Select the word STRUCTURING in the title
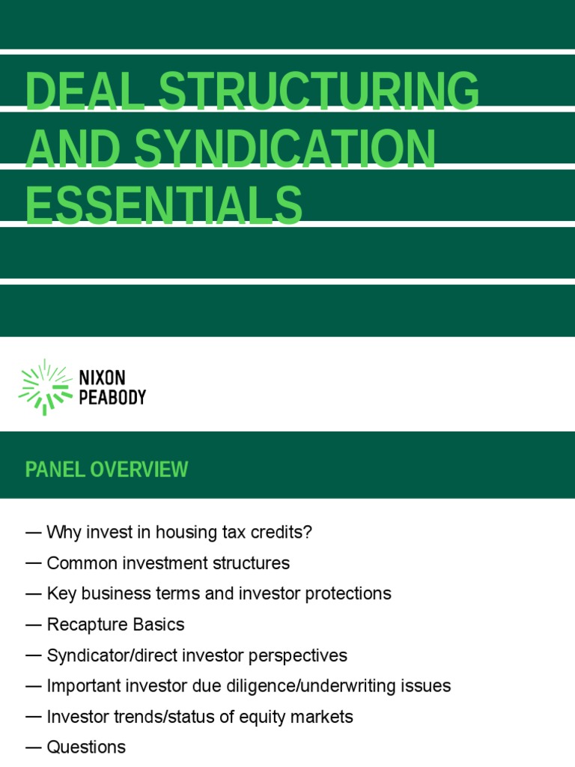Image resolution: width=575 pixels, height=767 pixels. (319, 91)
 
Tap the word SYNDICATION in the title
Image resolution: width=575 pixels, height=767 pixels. (285, 148)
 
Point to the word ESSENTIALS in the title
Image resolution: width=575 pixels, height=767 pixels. (164, 205)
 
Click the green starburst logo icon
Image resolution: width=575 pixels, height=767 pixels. (46, 387)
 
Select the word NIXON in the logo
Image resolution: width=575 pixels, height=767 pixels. (102, 378)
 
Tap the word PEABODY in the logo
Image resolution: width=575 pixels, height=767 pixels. (112, 397)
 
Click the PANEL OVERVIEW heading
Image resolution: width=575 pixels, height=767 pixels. (106, 469)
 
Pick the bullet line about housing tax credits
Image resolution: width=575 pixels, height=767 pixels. (168, 533)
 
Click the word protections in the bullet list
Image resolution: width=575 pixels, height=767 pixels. (348, 594)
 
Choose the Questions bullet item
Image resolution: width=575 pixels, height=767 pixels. (76, 748)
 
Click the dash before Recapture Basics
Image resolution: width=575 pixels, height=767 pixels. (33, 625)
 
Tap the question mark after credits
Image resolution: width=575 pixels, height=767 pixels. (308, 532)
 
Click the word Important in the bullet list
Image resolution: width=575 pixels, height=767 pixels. (84, 686)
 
